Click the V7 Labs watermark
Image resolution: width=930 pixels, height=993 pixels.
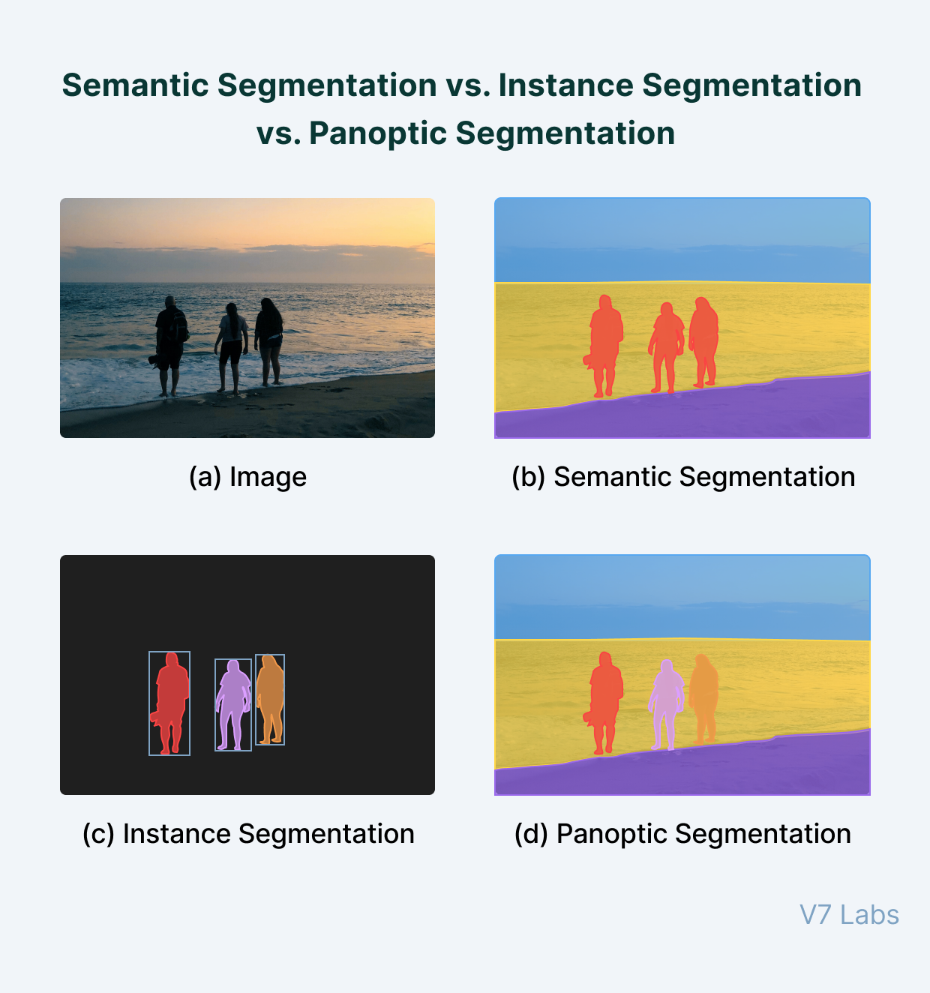(x=849, y=915)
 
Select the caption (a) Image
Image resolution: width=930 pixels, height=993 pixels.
(x=247, y=477)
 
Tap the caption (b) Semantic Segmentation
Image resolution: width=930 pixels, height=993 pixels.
(x=682, y=477)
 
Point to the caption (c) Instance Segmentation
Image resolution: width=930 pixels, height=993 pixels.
(x=247, y=834)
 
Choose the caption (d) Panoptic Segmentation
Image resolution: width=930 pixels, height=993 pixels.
(x=682, y=834)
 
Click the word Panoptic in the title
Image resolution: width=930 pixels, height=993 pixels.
(x=377, y=133)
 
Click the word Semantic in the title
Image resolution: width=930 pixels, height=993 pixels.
(x=135, y=85)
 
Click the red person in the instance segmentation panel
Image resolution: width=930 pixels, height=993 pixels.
(x=171, y=697)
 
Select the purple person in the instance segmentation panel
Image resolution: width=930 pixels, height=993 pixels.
(x=234, y=697)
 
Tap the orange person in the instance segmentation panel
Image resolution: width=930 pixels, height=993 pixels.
(x=270, y=694)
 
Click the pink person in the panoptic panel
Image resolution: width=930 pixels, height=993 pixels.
(x=666, y=697)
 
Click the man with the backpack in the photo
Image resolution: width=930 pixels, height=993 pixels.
(x=171, y=337)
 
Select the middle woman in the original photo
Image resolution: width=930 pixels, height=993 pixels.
(x=232, y=341)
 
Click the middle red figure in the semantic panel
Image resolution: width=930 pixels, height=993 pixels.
(x=666, y=341)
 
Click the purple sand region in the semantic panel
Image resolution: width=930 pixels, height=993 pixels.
(x=750, y=412)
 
